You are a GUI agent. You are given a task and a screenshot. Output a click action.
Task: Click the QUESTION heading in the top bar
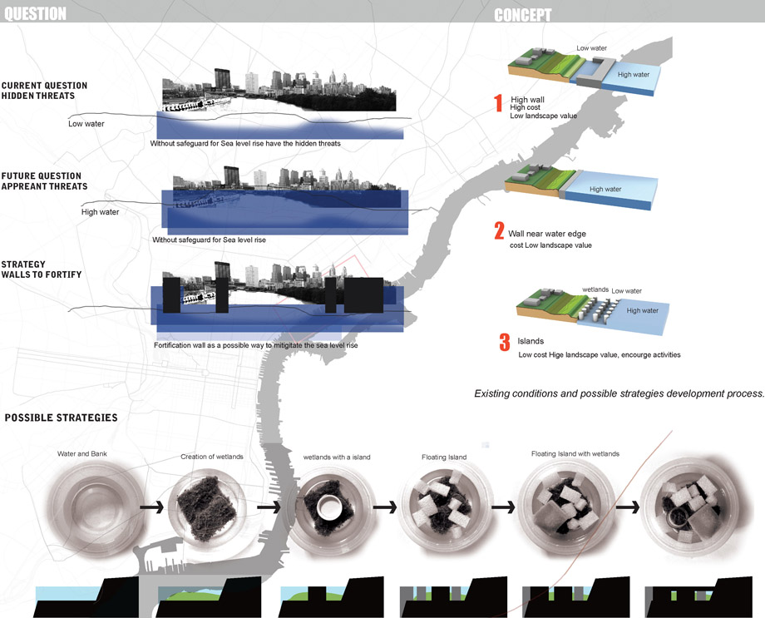(x=36, y=14)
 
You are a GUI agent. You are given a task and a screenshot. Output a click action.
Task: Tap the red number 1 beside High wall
(x=499, y=104)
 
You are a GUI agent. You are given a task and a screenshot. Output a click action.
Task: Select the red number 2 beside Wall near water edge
(x=499, y=230)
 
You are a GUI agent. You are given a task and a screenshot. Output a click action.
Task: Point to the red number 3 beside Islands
(x=504, y=342)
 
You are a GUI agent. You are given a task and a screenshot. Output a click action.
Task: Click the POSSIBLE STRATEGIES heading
(x=61, y=417)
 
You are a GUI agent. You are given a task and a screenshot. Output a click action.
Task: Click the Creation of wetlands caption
(x=210, y=457)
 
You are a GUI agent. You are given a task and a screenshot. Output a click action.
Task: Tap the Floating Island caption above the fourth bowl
(x=444, y=457)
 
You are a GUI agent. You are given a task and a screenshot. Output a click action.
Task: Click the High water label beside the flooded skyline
(x=100, y=212)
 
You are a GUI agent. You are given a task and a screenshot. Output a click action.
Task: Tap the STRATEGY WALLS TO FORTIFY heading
(x=42, y=269)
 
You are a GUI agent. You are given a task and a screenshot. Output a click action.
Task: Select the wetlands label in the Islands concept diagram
(x=595, y=289)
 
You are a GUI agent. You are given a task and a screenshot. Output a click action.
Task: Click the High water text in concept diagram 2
(x=605, y=190)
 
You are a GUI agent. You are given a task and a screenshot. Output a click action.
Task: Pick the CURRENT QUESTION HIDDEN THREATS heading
(x=44, y=91)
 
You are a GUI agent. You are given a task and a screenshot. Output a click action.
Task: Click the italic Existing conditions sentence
(x=619, y=393)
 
